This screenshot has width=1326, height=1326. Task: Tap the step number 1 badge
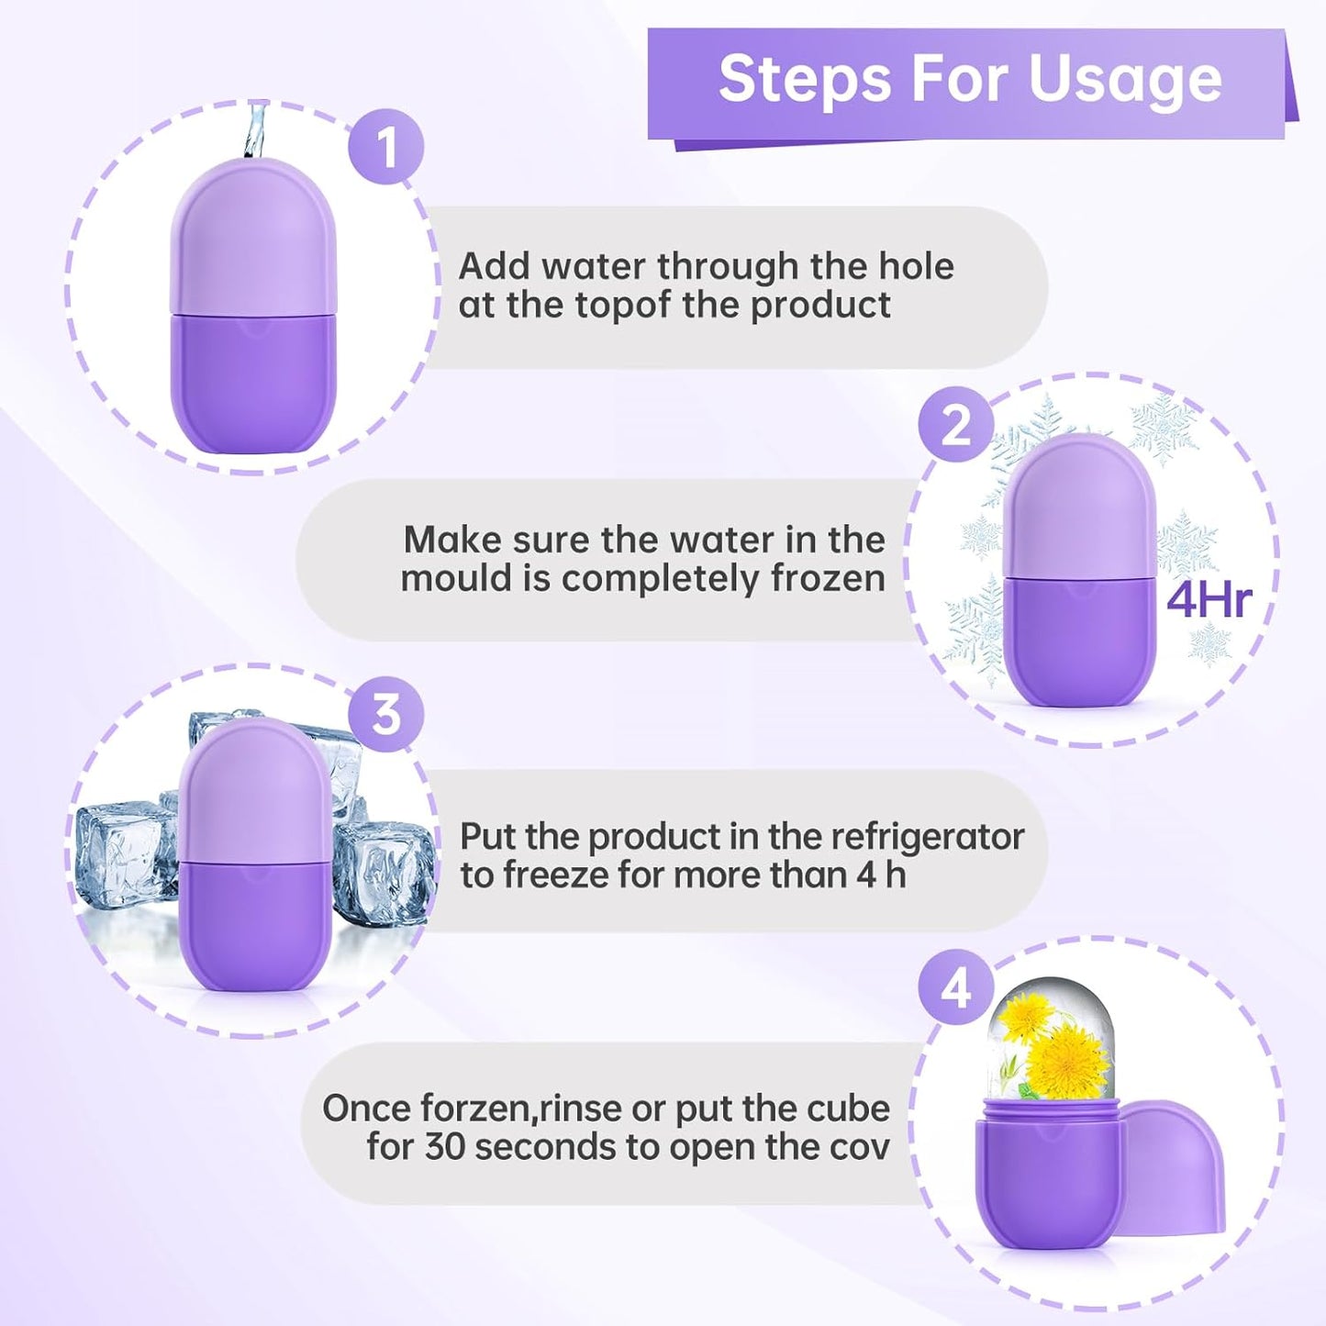point(385,147)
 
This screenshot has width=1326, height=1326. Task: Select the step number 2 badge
point(956,425)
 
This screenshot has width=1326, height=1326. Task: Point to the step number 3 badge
point(385,714)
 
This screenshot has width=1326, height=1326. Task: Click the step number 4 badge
point(956,988)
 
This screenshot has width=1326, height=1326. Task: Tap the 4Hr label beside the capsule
point(1209,600)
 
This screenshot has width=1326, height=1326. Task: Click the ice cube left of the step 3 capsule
point(124,853)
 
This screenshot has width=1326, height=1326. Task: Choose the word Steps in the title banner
point(804,81)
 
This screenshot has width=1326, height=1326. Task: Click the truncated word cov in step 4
point(861,1147)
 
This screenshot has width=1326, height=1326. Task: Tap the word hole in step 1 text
point(916,267)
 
